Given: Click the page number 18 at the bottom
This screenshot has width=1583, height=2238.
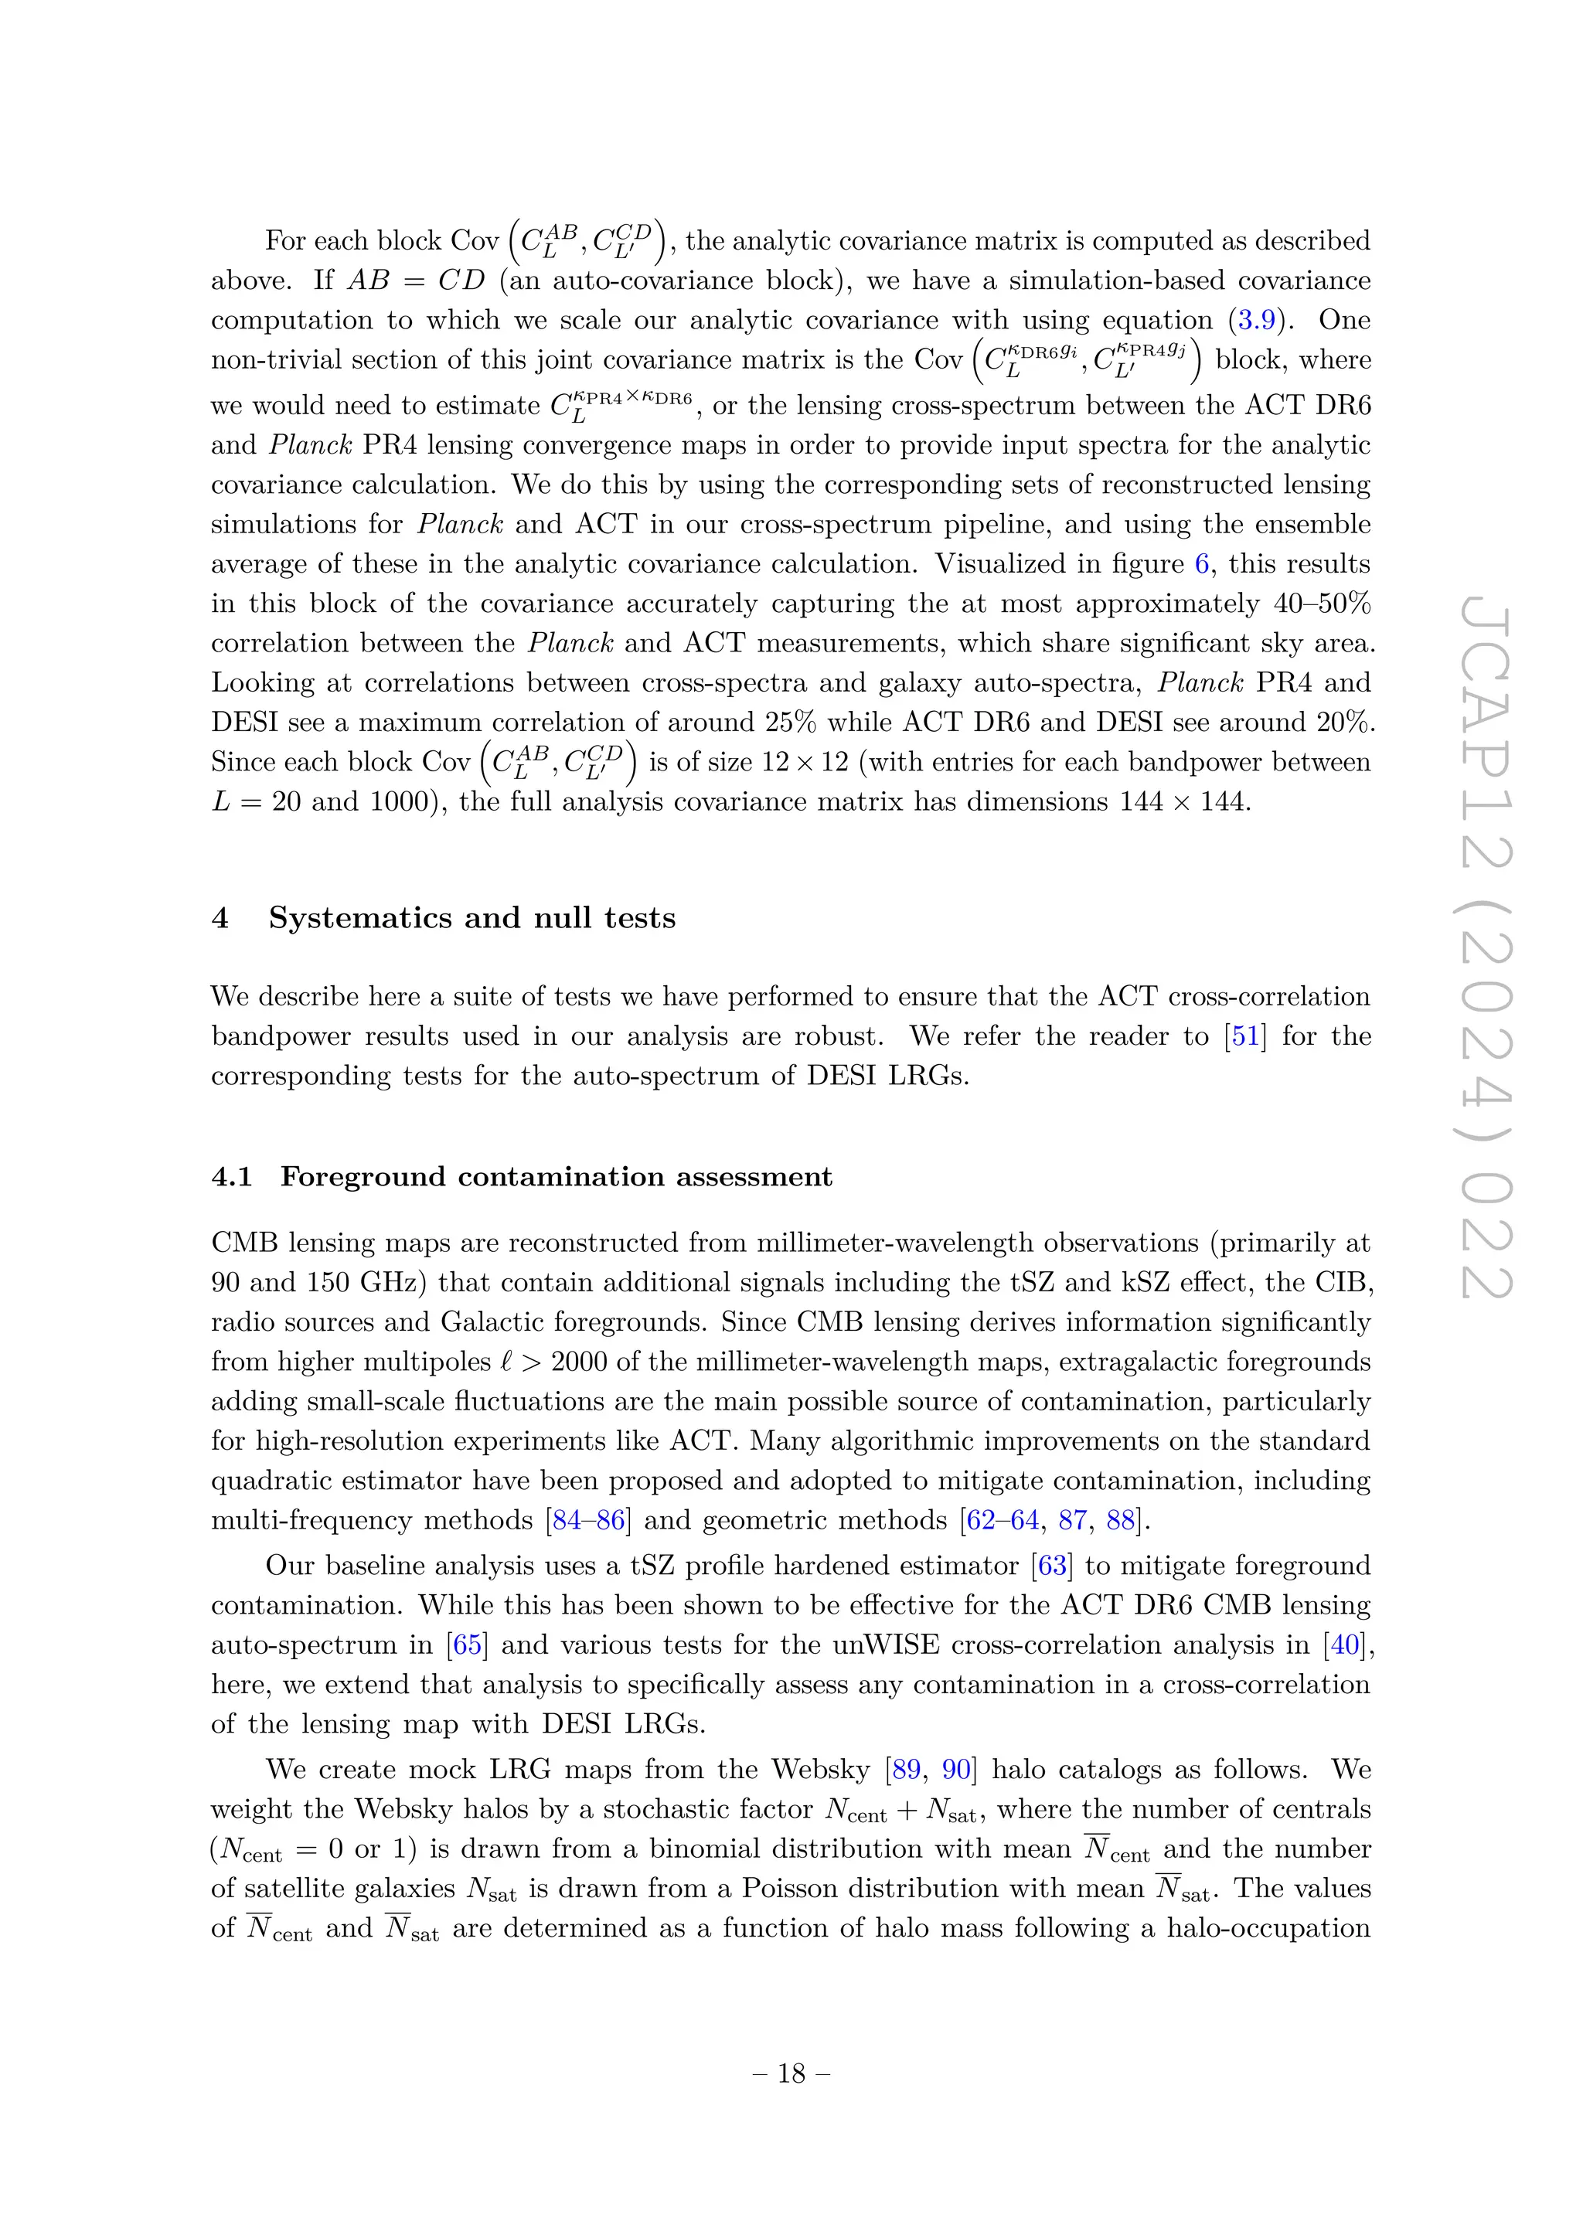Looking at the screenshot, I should [x=791, y=2073].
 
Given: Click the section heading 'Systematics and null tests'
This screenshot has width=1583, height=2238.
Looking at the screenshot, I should [x=471, y=917].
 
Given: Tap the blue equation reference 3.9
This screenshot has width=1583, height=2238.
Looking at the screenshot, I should [x=1258, y=320].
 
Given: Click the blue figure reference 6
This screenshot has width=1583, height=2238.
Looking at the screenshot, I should [x=1202, y=563].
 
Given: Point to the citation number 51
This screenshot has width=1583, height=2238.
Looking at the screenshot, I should [x=1246, y=1036].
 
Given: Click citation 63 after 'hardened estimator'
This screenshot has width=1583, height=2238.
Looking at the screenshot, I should [x=1052, y=1566].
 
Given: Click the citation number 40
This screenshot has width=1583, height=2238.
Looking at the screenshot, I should [x=1345, y=1644].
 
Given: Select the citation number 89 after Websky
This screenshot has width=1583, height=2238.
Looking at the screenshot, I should [x=906, y=1769].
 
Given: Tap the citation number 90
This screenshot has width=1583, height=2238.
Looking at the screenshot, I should [x=956, y=1769].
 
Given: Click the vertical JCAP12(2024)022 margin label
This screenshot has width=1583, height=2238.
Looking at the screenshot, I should [x=1486, y=951].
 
